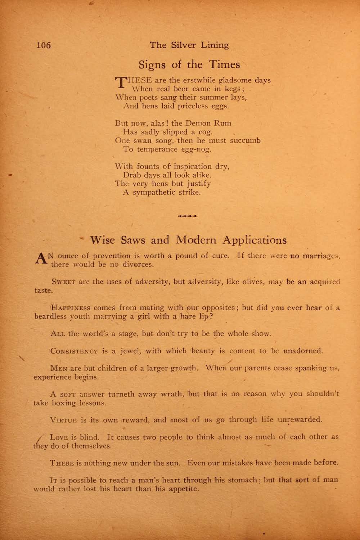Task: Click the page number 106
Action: pyautogui.click(x=44, y=45)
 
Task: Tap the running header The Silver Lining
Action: pyautogui.click(x=189, y=45)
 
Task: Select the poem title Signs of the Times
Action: pyautogui.click(x=189, y=64)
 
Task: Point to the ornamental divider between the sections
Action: pyautogui.click(x=188, y=216)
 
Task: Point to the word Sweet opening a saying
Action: pyautogui.click(x=63, y=282)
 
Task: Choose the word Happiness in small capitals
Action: pyautogui.click(x=71, y=308)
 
